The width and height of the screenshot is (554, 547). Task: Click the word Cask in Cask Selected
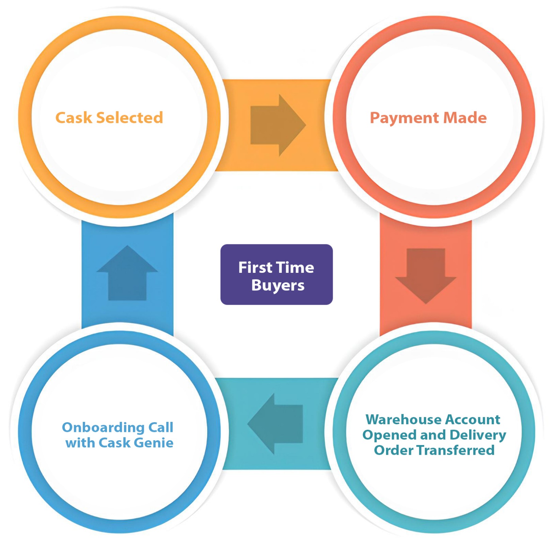pyautogui.click(x=73, y=118)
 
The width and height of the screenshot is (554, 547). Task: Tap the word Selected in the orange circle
pyautogui.click(x=129, y=118)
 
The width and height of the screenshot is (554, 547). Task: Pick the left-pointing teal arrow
pyautogui.click(x=276, y=424)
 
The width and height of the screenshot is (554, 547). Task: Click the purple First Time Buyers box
pyautogui.click(x=276, y=274)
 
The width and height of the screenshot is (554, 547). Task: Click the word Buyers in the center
pyautogui.click(x=278, y=285)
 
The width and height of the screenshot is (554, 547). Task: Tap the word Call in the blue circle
pyautogui.click(x=161, y=427)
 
